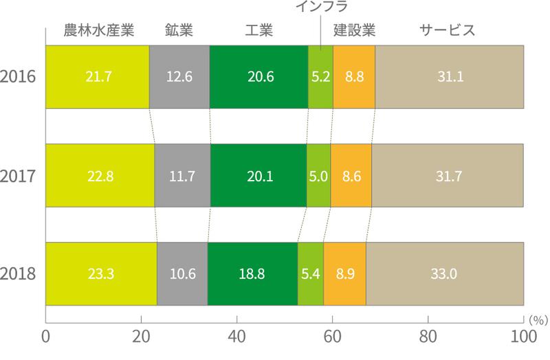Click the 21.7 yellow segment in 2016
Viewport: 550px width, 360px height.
[97, 77]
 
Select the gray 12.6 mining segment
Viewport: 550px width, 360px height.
[179, 77]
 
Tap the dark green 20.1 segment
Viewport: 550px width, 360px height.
[258, 175]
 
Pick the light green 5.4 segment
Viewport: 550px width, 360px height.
[310, 273]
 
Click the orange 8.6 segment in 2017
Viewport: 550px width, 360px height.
[351, 175]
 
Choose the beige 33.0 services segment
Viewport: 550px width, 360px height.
[444, 273]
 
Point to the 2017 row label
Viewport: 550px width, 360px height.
[19, 175]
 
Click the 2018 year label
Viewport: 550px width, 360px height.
[19, 273]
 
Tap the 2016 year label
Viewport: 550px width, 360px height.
[19, 77]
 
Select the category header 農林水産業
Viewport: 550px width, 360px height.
[97, 31]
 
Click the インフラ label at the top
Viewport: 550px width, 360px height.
[321, 8]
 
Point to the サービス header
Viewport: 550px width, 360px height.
[448, 31]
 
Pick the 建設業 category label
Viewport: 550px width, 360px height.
[354, 31]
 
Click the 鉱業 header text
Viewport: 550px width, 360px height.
[179, 31]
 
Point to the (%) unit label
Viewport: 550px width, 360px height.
[537, 319]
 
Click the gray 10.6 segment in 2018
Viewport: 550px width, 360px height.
[182, 273]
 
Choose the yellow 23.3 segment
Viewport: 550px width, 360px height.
[101, 273]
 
